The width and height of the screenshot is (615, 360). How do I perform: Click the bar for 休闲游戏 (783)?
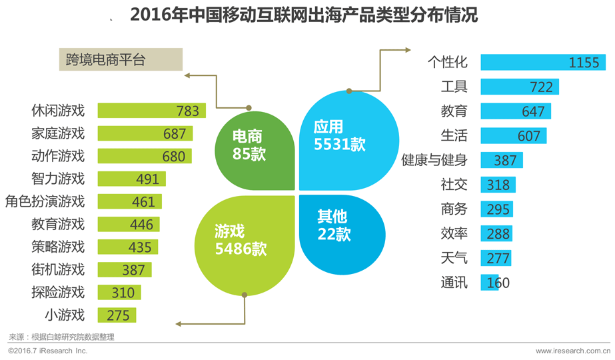point(151,111)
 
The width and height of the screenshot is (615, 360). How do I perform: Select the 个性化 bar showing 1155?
point(542,62)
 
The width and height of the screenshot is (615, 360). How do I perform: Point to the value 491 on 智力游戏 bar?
point(147,179)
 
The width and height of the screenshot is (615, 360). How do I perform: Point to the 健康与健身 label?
point(434,160)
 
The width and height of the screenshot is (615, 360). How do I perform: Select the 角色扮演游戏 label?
point(45,201)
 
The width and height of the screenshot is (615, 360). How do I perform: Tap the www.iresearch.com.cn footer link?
point(572,351)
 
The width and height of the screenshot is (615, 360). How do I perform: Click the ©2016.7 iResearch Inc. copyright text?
point(47,351)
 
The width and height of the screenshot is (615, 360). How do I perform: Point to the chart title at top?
point(304,15)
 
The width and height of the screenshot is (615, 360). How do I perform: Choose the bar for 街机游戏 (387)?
point(125,269)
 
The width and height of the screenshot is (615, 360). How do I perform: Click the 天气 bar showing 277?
point(496,258)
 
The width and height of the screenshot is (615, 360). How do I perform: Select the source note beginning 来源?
point(61,337)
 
